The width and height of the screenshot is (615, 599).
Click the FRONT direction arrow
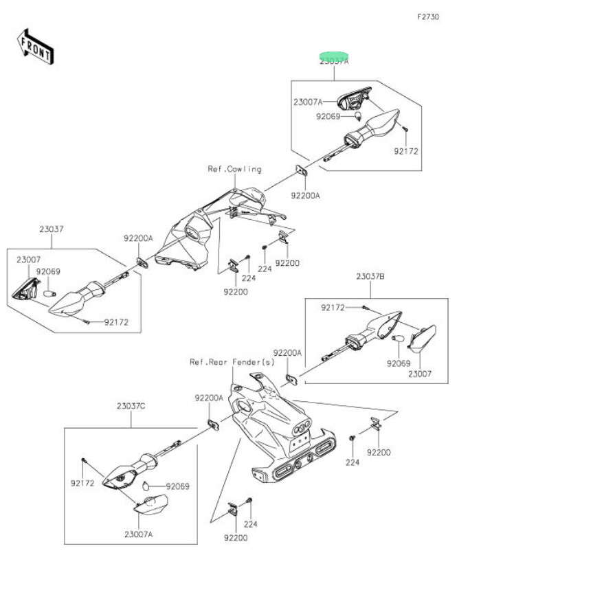coord(35,46)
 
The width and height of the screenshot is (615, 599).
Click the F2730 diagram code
coord(427,16)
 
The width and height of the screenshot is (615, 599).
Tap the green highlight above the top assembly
coord(333,55)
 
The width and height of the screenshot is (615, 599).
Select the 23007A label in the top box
coord(307,102)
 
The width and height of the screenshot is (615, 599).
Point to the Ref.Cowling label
coord(234,169)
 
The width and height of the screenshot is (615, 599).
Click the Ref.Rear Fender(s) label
coord(232,361)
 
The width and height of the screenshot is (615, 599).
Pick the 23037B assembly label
coord(370,276)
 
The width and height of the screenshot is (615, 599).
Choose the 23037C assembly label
coord(131,406)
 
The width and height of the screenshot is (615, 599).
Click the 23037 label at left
coord(51,228)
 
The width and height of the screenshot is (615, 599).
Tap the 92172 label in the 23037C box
coord(82,483)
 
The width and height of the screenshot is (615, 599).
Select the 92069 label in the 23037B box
coord(397,363)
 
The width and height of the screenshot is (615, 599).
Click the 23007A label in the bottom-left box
coord(139,534)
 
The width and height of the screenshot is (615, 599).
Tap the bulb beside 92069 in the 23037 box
coord(49,293)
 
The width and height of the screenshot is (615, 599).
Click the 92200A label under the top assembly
coord(304,195)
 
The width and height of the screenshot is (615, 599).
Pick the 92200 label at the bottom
coord(235,538)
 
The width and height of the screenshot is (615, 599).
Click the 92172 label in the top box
coord(406,150)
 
